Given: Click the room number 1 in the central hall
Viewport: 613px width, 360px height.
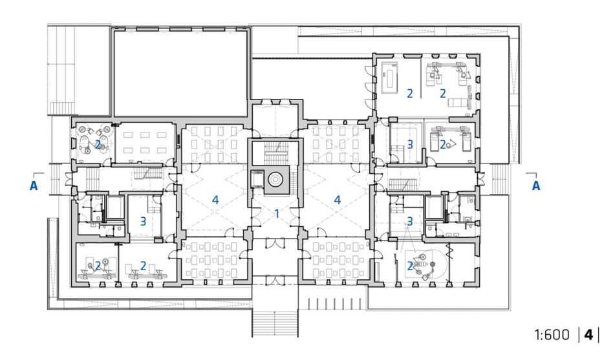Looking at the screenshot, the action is pos(277,213).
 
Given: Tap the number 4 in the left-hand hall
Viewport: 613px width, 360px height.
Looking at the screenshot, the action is pos(215,200).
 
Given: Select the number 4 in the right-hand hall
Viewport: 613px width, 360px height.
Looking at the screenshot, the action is pos(338,200).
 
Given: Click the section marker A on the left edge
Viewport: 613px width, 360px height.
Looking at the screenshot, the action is pos(34,185).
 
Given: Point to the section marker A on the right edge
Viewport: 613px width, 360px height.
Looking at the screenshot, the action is pos(536,185).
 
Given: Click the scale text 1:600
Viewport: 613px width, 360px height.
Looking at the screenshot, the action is pos(552,335).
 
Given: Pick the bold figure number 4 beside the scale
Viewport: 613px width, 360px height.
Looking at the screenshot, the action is pos(588,335).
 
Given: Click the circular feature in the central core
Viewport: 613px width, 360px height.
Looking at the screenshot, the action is pos(275,180).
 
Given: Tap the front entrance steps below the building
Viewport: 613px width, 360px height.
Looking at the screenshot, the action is pos(275,324).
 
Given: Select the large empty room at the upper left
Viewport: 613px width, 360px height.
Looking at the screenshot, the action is pos(180,72).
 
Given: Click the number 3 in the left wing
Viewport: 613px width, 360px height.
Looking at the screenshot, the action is pos(143,221).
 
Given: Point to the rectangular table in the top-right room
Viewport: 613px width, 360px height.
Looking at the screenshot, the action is pos(390,77).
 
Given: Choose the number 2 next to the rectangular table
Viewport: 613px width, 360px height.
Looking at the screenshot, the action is pos(410,94).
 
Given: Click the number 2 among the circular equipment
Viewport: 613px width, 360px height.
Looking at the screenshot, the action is pos(98,145).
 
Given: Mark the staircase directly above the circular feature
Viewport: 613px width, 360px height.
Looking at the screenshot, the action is pos(275,153).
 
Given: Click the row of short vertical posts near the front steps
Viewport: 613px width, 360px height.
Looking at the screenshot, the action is pos(335,304).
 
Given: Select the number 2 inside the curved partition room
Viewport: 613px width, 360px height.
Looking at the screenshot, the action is pos(410,266).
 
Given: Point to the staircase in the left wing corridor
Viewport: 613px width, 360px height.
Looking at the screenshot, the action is pos(149,173).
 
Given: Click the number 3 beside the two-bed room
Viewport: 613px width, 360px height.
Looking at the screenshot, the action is pos(410,145).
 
